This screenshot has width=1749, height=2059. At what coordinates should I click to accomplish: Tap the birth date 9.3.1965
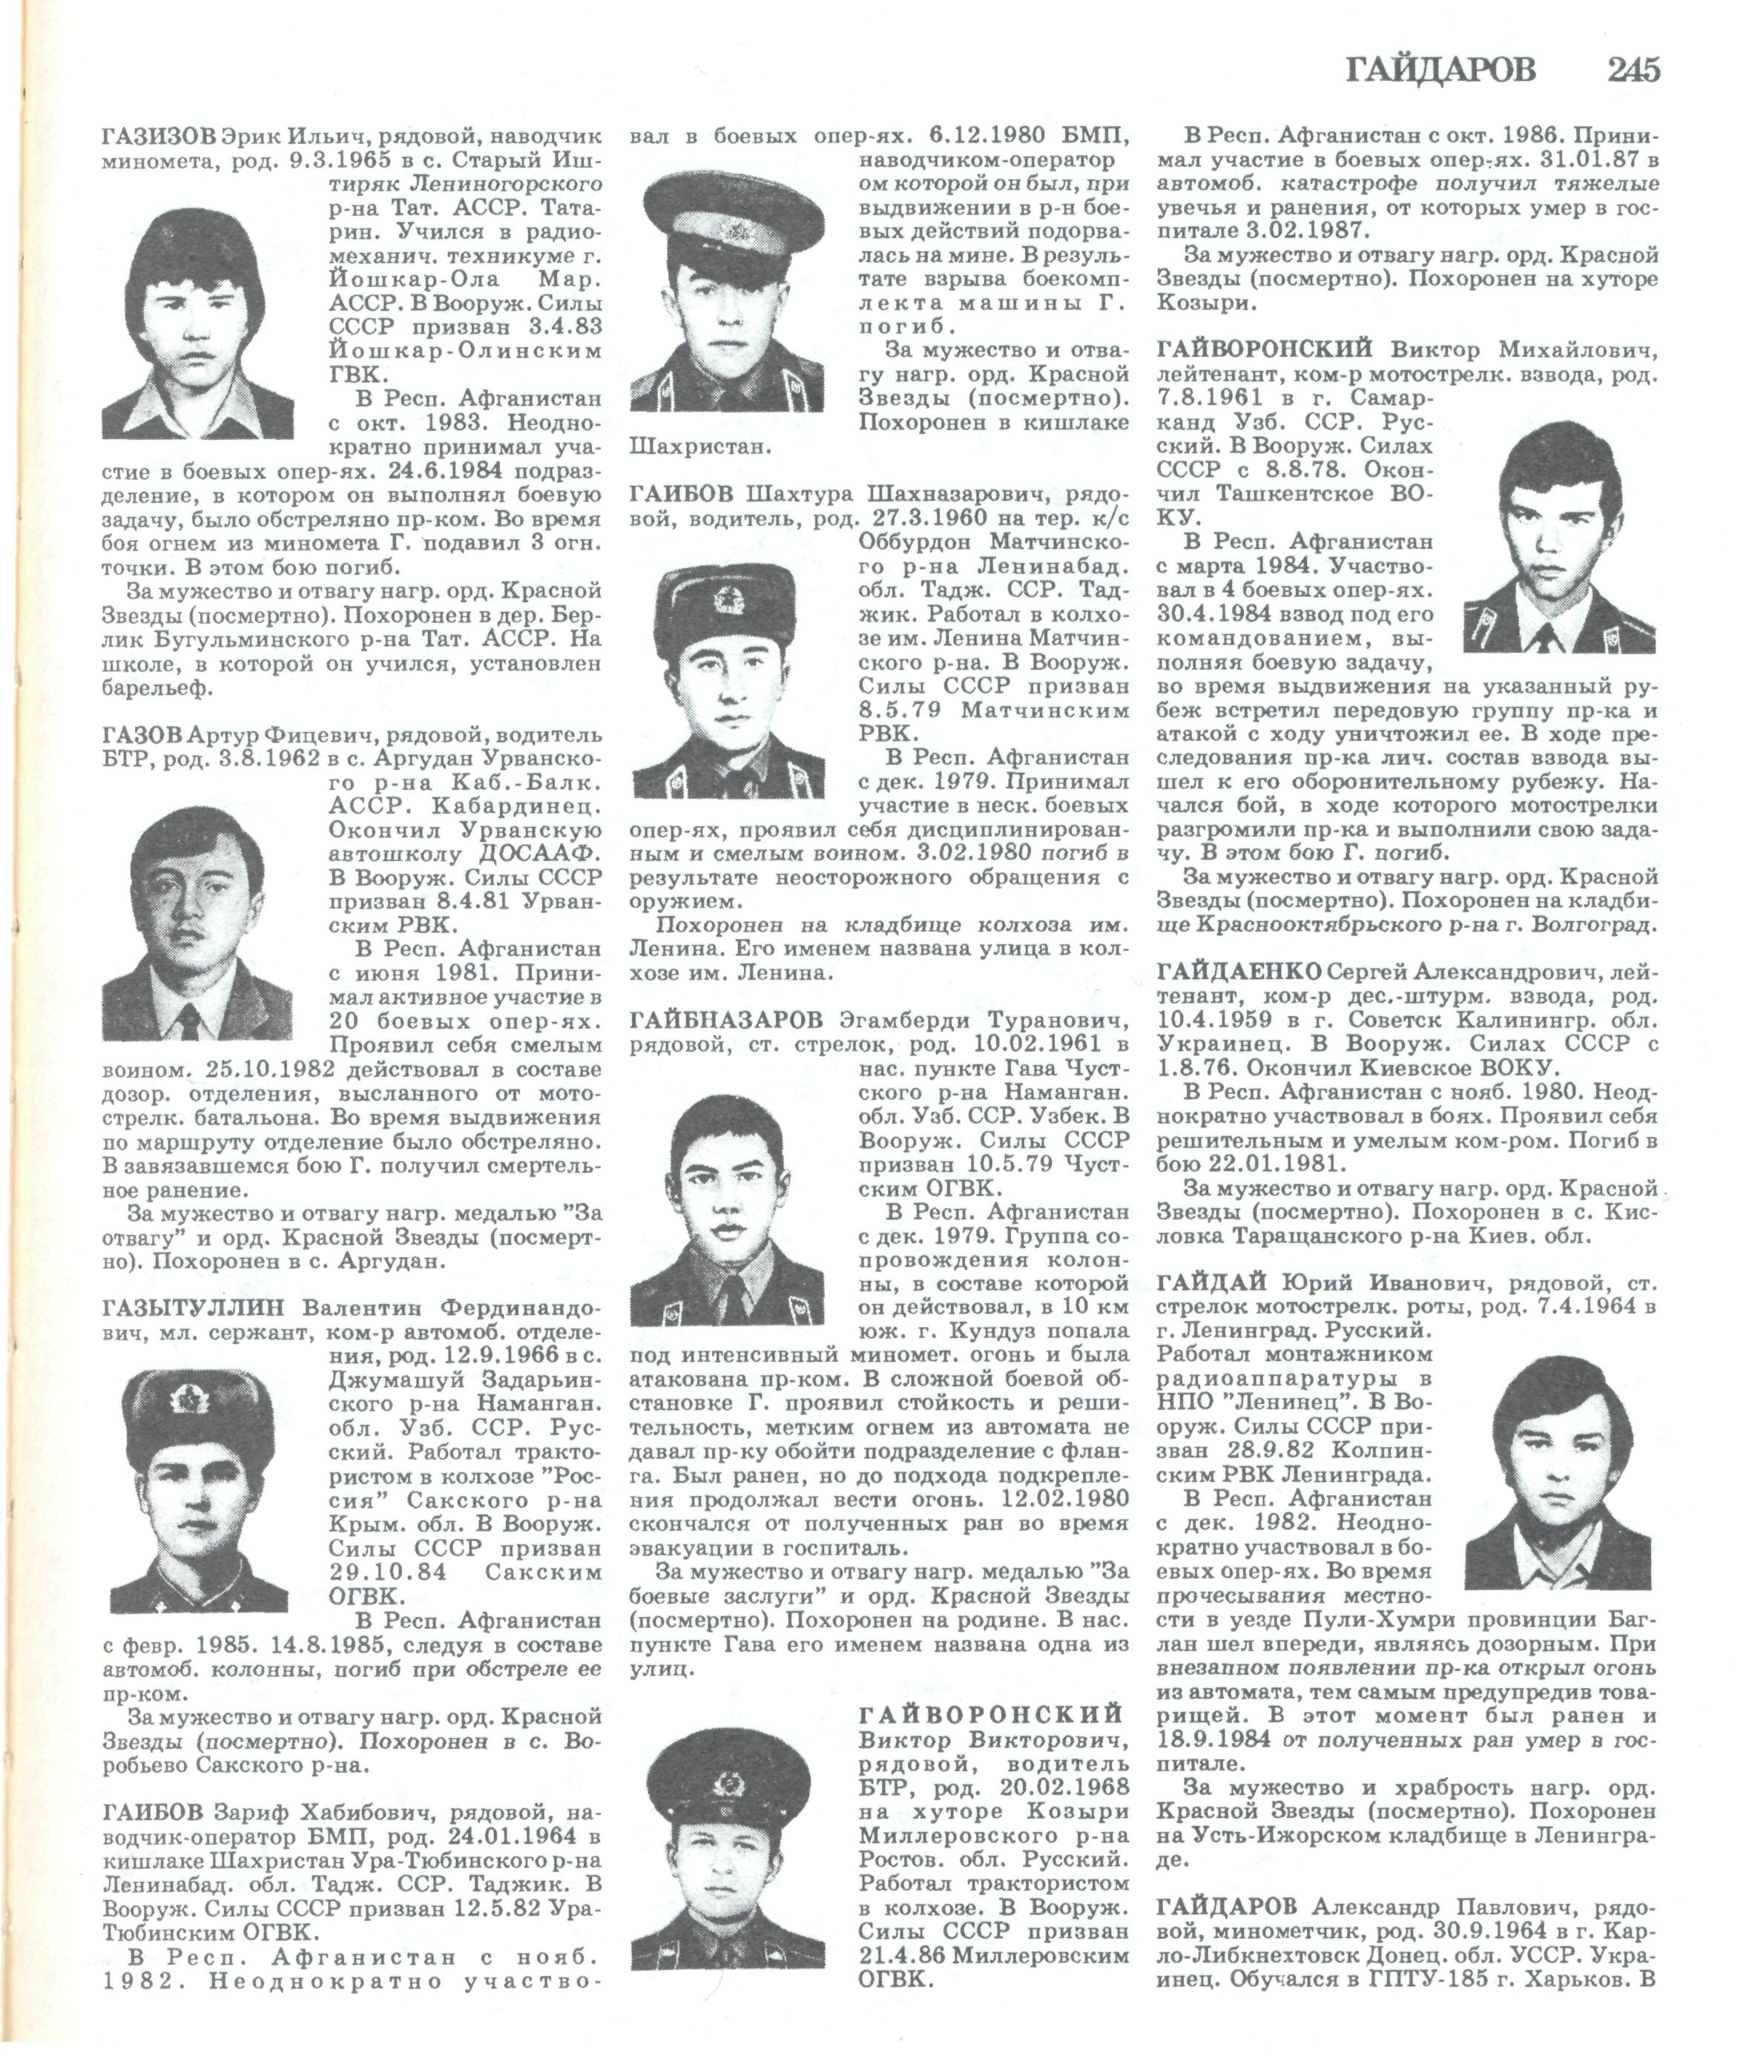(348, 159)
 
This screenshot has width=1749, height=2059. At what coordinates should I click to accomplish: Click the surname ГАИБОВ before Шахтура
(682, 495)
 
